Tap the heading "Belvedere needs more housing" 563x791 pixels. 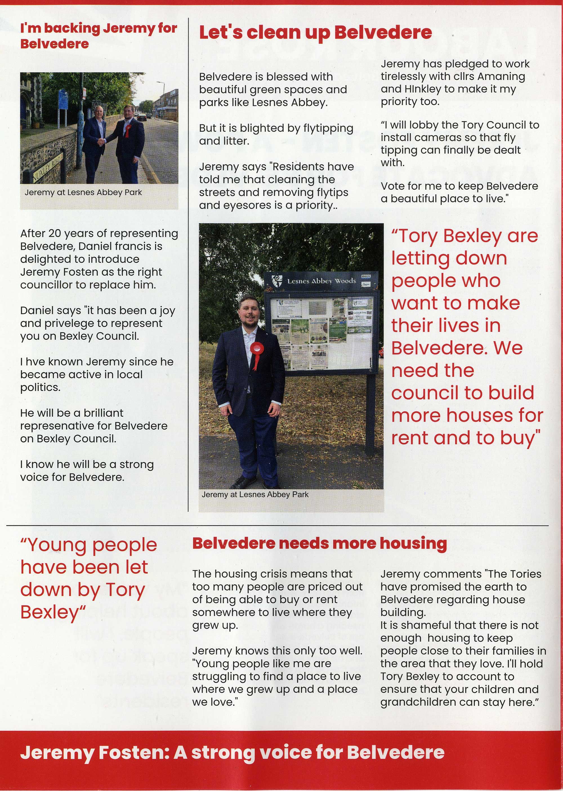(319, 543)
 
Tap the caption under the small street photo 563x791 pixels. (83, 192)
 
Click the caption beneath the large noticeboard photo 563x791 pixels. (255, 494)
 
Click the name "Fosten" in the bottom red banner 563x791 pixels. (133, 752)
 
